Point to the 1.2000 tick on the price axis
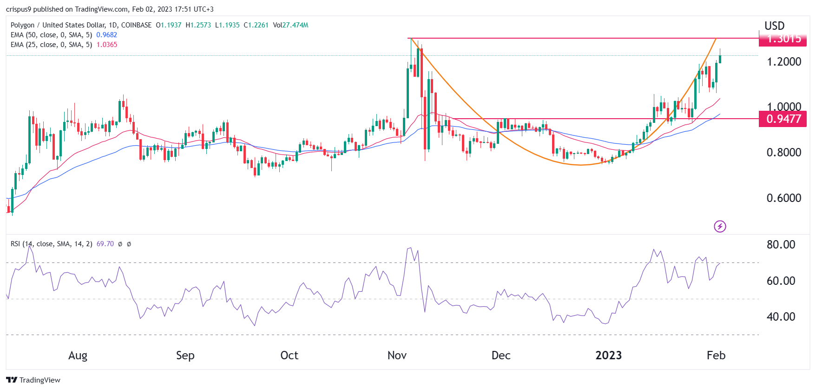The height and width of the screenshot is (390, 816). pos(783,62)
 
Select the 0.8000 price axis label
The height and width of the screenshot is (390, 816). pos(783,153)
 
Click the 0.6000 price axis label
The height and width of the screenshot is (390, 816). pos(783,198)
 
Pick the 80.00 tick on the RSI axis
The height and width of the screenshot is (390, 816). pos(781,245)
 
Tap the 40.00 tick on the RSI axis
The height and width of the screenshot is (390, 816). pos(781,317)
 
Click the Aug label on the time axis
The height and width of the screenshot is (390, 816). pos(78,356)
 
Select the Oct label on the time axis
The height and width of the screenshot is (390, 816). pos(289,356)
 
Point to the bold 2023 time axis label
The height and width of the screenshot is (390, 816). pos(608,356)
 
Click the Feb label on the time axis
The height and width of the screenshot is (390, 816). pos(716,356)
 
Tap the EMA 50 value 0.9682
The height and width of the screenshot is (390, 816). pos(106,35)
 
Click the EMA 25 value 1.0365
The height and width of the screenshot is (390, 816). pos(106,45)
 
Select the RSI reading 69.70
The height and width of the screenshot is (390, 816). pos(105,244)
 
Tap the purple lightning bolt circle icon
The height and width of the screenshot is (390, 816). pos(720,227)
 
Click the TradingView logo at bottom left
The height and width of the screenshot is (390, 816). pos(33,380)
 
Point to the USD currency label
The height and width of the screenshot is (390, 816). pos(774,26)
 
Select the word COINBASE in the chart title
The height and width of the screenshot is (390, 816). pos(136,25)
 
